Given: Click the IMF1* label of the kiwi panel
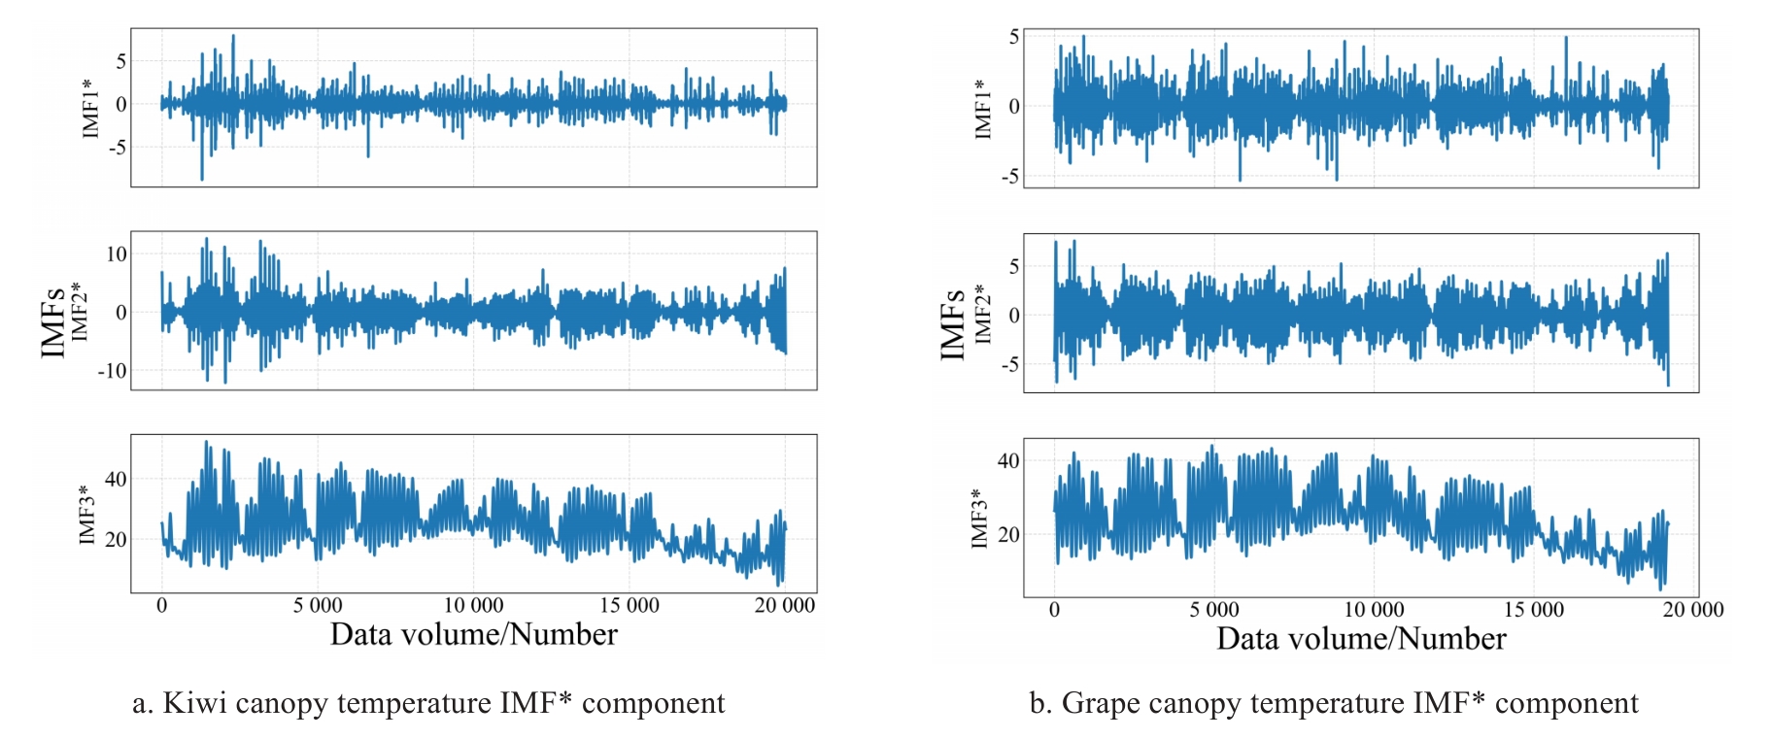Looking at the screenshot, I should point(90,107).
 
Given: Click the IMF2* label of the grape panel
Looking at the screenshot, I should point(983,313).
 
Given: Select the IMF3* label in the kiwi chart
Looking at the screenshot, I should point(86,514).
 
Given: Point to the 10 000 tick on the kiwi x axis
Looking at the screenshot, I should point(473,606).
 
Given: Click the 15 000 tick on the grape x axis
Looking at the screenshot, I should point(1533,610).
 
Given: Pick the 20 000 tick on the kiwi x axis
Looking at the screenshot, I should point(784,606).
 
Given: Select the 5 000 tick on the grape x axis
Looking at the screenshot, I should point(1214,610).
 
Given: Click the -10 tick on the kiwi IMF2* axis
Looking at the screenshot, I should point(112,371).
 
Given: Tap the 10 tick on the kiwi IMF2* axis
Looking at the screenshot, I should point(117,254).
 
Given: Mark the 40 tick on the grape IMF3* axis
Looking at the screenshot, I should point(1008,460).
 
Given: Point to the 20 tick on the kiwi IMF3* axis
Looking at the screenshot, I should point(116,540).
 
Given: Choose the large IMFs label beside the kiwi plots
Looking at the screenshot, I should point(53,322).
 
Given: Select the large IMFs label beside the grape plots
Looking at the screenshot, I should point(953,324).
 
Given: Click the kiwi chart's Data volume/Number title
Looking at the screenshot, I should point(473,635).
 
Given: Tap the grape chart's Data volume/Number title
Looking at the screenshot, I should point(1361,639).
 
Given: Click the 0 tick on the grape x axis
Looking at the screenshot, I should point(1054,610).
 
